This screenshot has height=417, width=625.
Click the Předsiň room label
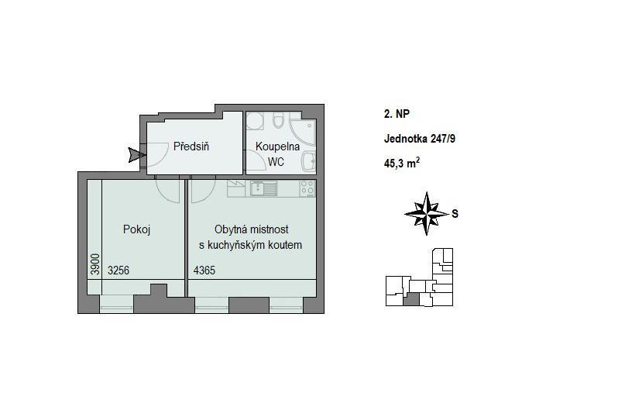(x=191, y=146)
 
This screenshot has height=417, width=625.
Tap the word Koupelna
(x=277, y=146)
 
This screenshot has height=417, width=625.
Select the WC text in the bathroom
(x=276, y=162)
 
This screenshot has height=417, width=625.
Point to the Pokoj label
(x=137, y=229)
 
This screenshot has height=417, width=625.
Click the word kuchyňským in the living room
(x=250, y=245)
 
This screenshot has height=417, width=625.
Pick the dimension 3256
(x=118, y=271)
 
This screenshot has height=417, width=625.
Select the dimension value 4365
(x=204, y=271)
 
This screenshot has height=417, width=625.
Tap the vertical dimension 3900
(x=94, y=264)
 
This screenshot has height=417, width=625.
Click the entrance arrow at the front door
(x=137, y=155)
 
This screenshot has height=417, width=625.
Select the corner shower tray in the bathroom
(x=303, y=133)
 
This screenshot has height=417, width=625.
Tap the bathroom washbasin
(x=309, y=162)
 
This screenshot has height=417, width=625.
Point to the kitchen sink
(x=263, y=188)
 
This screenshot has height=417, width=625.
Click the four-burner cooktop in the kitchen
(x=307, y=188)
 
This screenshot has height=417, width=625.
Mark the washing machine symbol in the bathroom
(x=254, y=120)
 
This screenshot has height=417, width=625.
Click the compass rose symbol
(x=427, y=213)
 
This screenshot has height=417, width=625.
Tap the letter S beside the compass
(x=455, y=214)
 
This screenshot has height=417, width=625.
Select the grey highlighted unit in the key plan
(x=411, y=299)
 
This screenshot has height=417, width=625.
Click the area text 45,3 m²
(x=402, y=163)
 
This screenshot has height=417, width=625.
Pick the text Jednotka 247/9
(x=420, y=139)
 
